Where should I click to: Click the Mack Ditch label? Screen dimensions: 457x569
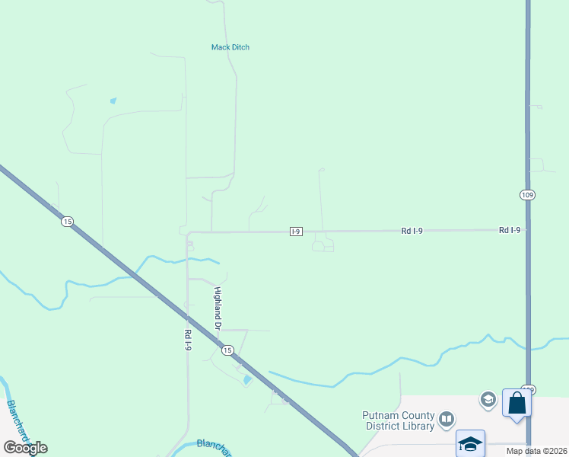coord(230,47)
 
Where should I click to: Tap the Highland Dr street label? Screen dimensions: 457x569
coord(217,308)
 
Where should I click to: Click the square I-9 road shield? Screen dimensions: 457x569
coord(297,231)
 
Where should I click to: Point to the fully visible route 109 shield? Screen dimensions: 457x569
coord(527,195)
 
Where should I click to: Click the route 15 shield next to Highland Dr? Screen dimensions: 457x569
coord(227,350)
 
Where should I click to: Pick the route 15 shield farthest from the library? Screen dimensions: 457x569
coord(67,221)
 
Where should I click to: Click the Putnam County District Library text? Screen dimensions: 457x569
coord(398,420)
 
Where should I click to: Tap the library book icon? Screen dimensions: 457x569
coord(447,418)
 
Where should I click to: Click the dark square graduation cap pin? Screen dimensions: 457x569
coord(470,443)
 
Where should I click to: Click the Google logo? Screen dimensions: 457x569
coord(25,448)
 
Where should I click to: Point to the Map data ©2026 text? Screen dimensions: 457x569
coord(536,451)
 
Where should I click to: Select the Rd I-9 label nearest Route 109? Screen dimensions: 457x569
coord(510,229)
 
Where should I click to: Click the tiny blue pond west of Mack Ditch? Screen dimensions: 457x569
coord(113,101)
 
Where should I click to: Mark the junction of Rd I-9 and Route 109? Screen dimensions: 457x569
coord(528,229)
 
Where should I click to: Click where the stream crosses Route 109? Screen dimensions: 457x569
coord(528,345)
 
